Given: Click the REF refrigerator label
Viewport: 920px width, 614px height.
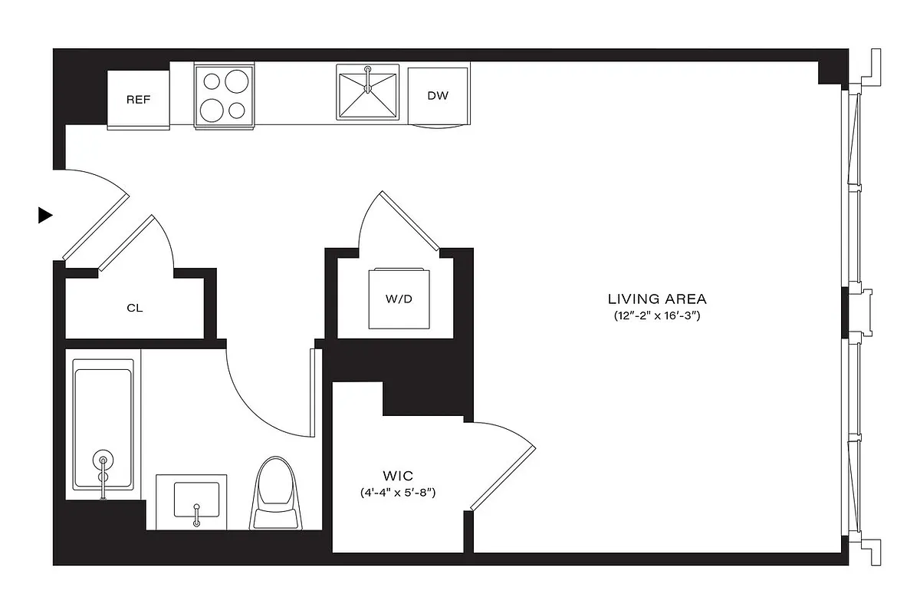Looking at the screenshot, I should pyautogui.click(x=138, y=100).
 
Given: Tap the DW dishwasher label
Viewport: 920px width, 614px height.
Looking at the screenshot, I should pyautogui.click(x=438, y=96).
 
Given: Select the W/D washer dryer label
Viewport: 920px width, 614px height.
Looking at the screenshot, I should pyautogui.click(x=399, y=299).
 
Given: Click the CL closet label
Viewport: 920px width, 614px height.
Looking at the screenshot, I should pyautogui.click(x=134, y=309).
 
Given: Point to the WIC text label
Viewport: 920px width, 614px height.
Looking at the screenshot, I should pyautogui.click(x=397, y=475).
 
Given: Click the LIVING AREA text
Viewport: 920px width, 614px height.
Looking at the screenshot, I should pyautogui.click(x=657, y=299).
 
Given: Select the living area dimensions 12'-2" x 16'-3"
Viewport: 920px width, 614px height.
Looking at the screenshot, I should pyautogui.click(x=657, y=315).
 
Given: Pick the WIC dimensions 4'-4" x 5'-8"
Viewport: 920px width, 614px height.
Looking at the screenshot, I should pyautogui.click(x=397, y=493).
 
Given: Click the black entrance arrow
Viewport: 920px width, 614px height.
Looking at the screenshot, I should pyautogui.click(x=45, y=216).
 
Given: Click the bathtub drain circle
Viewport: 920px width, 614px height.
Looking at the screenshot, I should pyautogui.click(x=103, y=461).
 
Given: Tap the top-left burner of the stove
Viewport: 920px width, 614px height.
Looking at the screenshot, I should pyautogui.click(x=211, y=81).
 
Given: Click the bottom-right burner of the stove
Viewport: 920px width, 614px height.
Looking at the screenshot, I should pyautogui.click(x=237, y=111).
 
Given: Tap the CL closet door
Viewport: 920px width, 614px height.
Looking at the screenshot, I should pyautogui.click(x=127, y=243).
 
